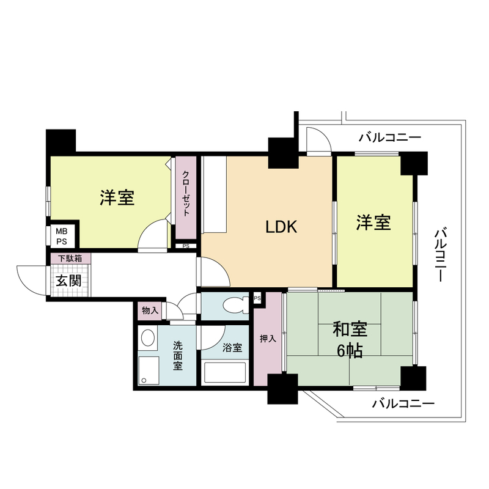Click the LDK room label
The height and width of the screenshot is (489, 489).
(281, 227)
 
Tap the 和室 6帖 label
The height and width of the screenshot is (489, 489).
(349, 339)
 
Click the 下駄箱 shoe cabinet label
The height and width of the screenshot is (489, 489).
(70, 259)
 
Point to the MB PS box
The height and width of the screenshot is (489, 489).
(62, 236)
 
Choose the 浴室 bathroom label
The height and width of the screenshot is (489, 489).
(232, 348)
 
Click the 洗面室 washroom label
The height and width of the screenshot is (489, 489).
(177, 354)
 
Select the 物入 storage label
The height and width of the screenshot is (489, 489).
(150, 311)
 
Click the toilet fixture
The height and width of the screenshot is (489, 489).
(233, 304)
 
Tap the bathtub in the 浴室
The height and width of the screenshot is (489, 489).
(224, 372)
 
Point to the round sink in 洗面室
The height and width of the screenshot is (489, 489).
(147, 338)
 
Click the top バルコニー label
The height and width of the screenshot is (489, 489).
(390, 138)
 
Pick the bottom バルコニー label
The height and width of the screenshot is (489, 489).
(403, 404)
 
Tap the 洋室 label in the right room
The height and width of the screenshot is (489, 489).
(374, 223)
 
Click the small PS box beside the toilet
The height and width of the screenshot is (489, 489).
(257, 298)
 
